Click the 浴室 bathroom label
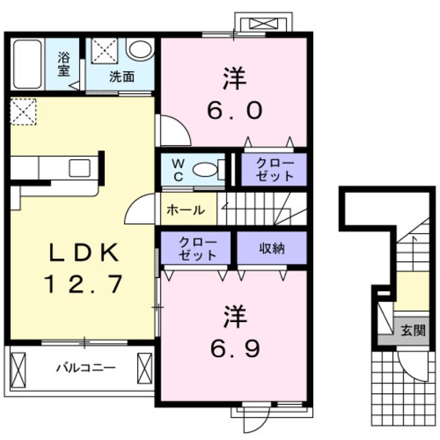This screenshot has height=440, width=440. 65,64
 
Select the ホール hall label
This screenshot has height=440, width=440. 186,210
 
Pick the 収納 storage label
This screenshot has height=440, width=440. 271,249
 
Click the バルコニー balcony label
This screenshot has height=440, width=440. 87,367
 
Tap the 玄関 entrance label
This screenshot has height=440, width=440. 412,330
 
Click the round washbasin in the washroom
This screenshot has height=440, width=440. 140,49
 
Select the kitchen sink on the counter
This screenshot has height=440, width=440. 79,167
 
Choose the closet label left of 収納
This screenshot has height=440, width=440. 197,249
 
